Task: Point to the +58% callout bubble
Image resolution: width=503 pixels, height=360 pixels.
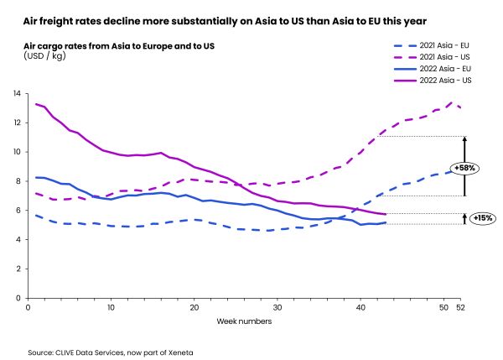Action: click(466, 167)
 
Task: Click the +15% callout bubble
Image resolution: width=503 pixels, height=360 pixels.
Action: click(481, 217)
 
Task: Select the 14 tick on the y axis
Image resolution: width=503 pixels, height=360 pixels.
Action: click(17, 93)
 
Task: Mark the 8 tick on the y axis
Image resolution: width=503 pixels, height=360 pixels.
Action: click(18, 181)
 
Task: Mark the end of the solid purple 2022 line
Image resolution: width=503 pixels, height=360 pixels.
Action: click(385, 215)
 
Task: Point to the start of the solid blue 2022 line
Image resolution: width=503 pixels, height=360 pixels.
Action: click(35, 177)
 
